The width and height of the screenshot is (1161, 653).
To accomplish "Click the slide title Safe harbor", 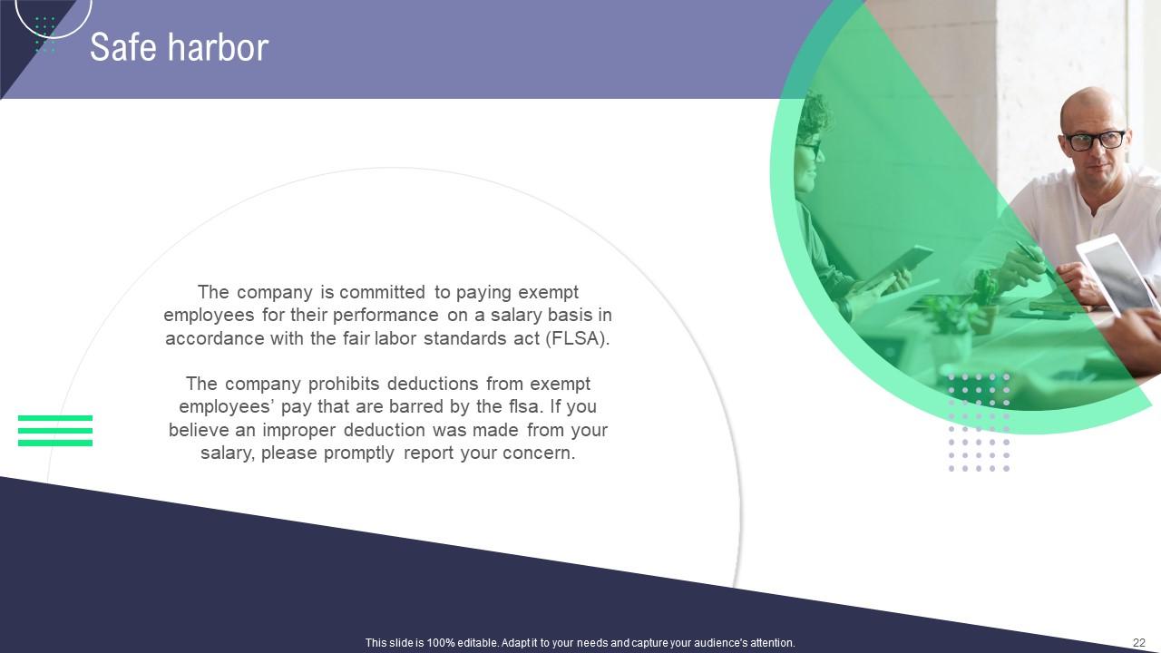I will click(179, 47).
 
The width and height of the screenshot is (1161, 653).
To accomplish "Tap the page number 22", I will click(1139, 643).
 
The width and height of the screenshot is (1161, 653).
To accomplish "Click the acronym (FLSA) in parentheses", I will click(577, 339).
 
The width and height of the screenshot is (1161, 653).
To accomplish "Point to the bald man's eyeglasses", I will click(1094, 141).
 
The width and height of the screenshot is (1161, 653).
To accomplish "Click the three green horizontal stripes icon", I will click(55, 431).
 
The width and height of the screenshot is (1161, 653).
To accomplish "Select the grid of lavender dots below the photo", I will click(979, 423).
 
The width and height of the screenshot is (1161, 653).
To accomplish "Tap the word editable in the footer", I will click(473, 643).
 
